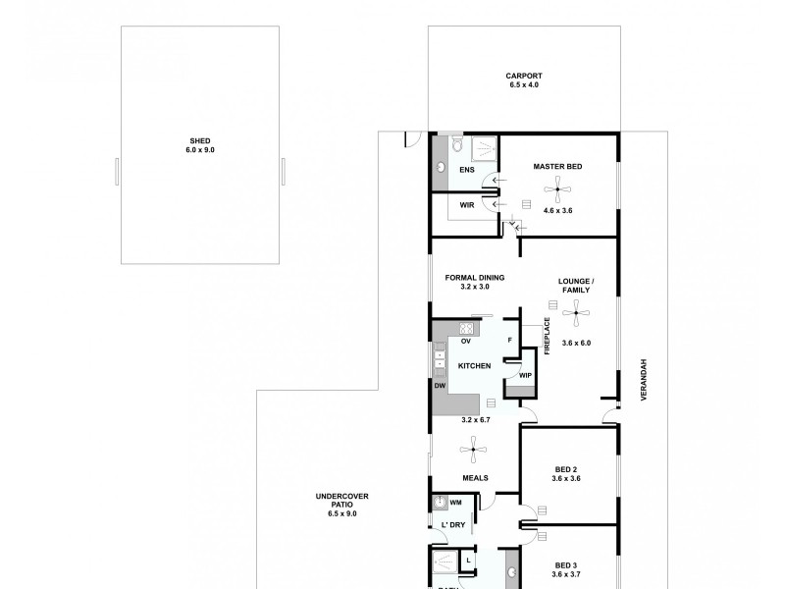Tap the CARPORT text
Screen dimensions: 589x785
pos(524,76)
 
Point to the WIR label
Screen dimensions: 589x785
pos(467,204)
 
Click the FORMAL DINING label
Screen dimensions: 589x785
pos(474,277)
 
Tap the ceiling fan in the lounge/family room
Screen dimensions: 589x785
pos(577,315)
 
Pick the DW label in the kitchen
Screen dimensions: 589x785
pos(440,385)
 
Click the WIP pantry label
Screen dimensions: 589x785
pos(524,375)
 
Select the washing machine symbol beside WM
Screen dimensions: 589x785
pos(441,504)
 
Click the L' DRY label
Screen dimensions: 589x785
pos(452,525)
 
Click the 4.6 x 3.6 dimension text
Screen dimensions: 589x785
pos(557,210)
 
